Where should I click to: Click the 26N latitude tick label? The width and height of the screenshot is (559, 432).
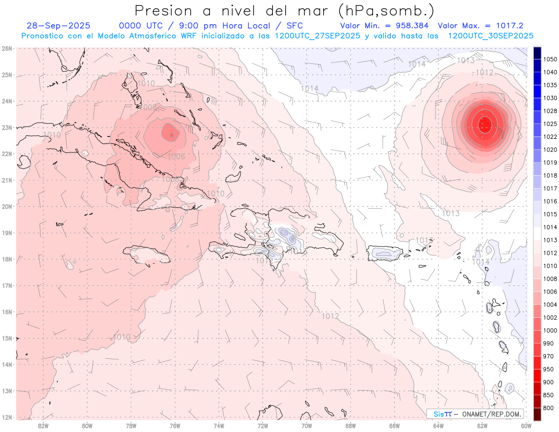7,48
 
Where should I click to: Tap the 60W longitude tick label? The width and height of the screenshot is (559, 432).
526,425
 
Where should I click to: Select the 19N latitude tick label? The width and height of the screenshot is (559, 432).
7,233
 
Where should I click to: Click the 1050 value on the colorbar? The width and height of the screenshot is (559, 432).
551,59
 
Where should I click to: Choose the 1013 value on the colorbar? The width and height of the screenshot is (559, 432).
551,240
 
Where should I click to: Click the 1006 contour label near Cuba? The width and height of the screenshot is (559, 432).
176,157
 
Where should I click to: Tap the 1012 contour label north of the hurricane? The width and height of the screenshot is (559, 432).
484,73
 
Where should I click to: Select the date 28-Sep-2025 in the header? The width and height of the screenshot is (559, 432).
58,26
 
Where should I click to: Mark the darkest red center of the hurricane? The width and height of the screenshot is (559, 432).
485,123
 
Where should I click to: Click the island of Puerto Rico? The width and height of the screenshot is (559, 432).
385,254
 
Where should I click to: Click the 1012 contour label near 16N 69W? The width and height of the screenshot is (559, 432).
330,316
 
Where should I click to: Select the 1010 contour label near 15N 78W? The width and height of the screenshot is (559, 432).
122,337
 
